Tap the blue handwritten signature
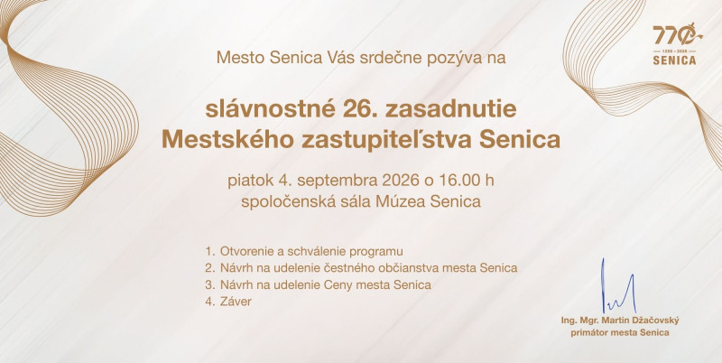[x=618, y=286]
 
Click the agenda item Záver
[x=236, y=302]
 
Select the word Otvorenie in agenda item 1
[x=243, y=252]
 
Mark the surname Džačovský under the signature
[x=655, y=321]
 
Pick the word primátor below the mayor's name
[x=588, y=332]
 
